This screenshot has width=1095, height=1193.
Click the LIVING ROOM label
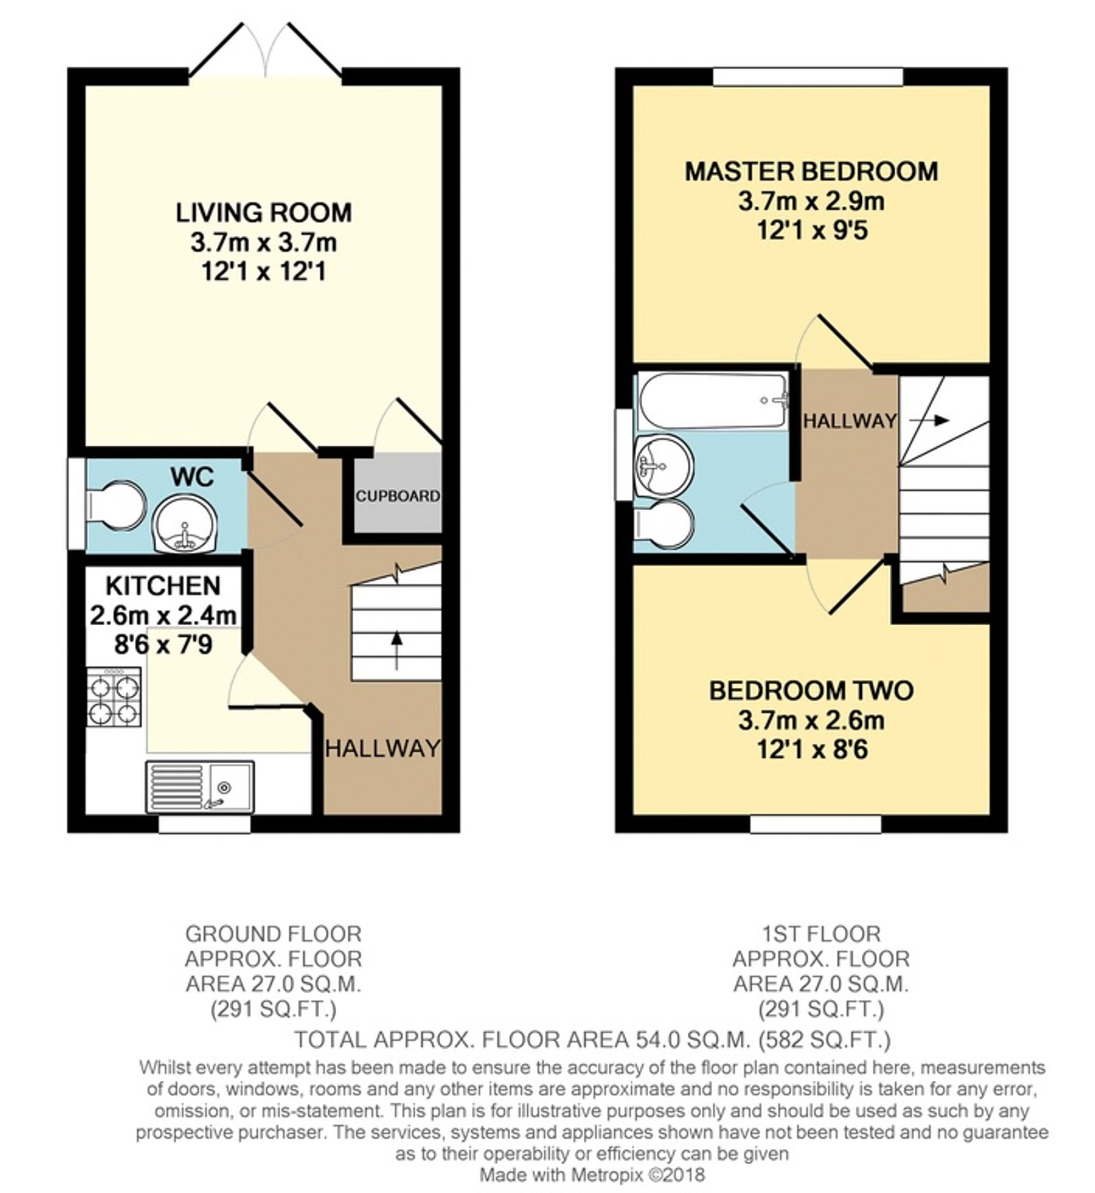pyautogui.click(x=264, y=213)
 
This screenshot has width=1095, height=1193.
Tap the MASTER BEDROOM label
pyautogui.click(x=811, y=171)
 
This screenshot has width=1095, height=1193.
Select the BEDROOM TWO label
pyautogui.click(x=811, y=691)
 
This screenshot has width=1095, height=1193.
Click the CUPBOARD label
pyautogui.click(x=398, y=495)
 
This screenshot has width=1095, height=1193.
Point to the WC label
pyautogui.click(x=192, y=476)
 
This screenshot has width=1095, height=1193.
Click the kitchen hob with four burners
pyautogui.click(x=114, y=697)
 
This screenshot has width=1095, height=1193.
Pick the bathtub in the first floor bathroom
pyautogui.click(x=713, y=401)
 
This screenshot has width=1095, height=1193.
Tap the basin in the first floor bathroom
pyautogui.click(x=663, y=465)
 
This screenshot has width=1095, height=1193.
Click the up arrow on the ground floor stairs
pyautogui.click(x=396, y=650)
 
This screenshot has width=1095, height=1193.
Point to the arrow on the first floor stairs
pyautogui.click(x=929, y=420)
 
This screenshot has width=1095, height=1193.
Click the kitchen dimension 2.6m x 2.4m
pyautogui.click(x=163, y=615)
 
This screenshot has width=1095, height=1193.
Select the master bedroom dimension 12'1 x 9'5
pyautogui.click(x=812, y=230)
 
